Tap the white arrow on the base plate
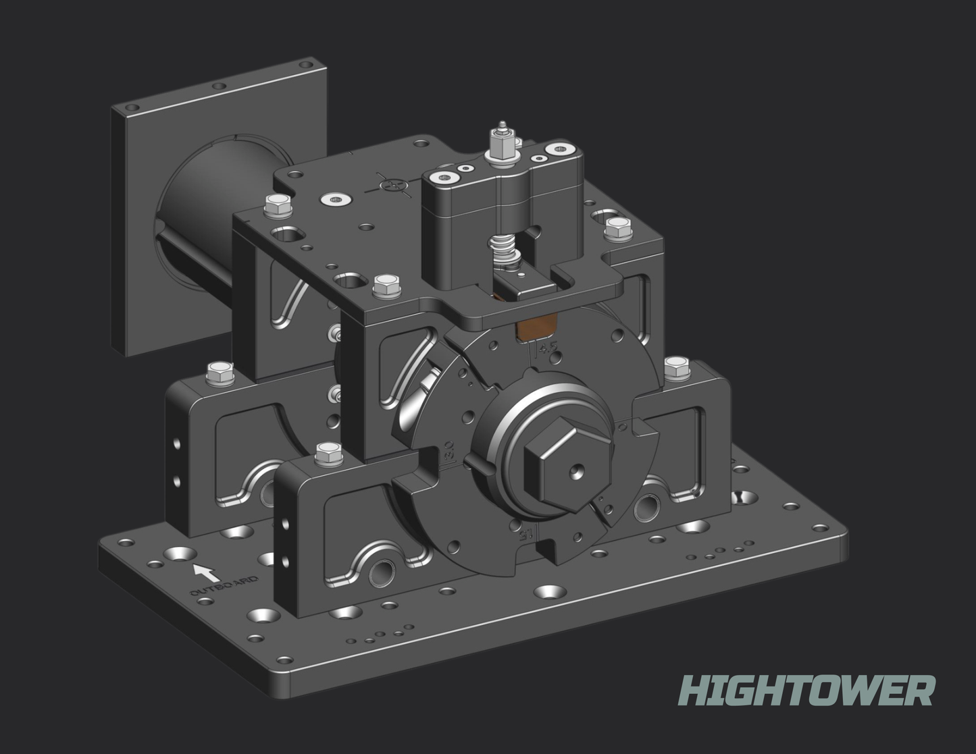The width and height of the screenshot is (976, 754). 205,572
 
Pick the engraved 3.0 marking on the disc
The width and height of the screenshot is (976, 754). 448,452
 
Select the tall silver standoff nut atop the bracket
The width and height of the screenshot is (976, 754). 501,142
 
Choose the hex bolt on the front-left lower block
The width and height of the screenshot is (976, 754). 328,454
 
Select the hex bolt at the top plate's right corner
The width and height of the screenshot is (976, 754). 615,227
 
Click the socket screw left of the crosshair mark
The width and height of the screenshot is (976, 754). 336,200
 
